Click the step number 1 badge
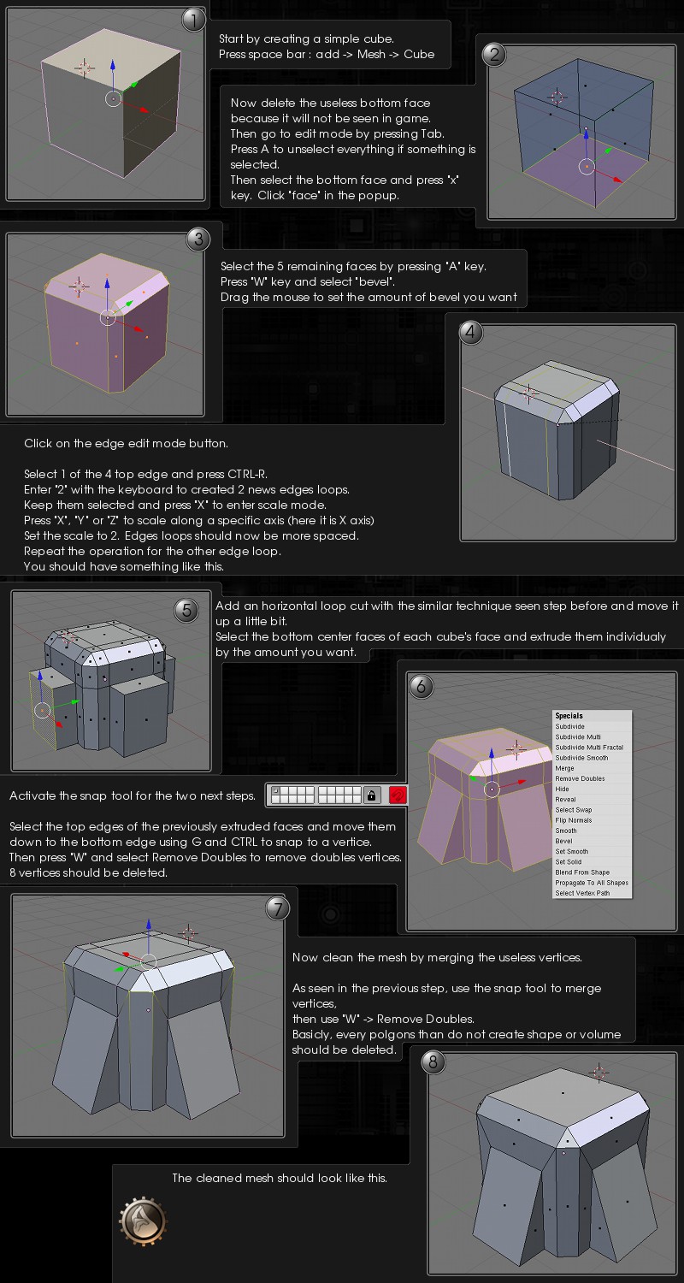click(193, 20)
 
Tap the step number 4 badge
click(470, 332)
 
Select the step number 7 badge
click(278, 908)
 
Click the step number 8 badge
click(433, 1062)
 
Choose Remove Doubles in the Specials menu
click(579, 778)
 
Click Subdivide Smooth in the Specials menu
click(581, 758)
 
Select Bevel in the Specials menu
click(563, 841)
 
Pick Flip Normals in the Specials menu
click(573, 820)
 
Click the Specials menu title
click(569, 716)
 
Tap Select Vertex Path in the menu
click(582, 893)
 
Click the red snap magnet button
click(398, 795)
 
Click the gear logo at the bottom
click(143, 1221)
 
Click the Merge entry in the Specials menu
click(564, 768)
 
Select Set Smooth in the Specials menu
click(571, 851)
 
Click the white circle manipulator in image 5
click(43, 711)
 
